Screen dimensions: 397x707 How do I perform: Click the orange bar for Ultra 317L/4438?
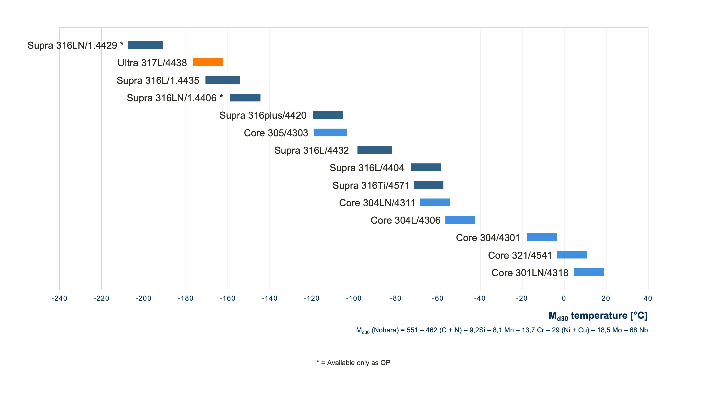[207, 62]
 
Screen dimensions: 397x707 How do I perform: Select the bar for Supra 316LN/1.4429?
[145, 45]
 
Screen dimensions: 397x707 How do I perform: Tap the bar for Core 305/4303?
[330, 132]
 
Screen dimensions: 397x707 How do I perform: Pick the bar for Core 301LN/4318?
[589, 272]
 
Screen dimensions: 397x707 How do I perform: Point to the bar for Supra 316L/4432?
[375, 150]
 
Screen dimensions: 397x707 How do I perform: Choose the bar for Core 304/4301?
[542, 237]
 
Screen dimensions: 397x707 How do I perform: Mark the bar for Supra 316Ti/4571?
[428, 185]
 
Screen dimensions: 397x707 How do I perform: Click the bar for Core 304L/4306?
[460, 220]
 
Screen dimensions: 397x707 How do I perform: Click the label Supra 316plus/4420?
[263, 115]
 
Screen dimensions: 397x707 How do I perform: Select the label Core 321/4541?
[520, 255]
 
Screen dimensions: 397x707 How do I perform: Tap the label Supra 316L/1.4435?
[158, 81]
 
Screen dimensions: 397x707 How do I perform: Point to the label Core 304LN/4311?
[377, 203]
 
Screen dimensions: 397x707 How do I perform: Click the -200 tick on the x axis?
[143, 298]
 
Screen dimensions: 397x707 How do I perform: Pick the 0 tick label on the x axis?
[564, 298]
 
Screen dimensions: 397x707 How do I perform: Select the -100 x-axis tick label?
[353, 298]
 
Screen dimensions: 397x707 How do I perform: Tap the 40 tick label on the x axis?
[648, 298]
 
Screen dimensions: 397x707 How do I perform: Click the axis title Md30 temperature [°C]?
[598, 316]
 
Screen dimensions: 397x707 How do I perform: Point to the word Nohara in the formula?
[385, 330]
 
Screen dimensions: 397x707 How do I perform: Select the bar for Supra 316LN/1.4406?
[245, 97]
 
